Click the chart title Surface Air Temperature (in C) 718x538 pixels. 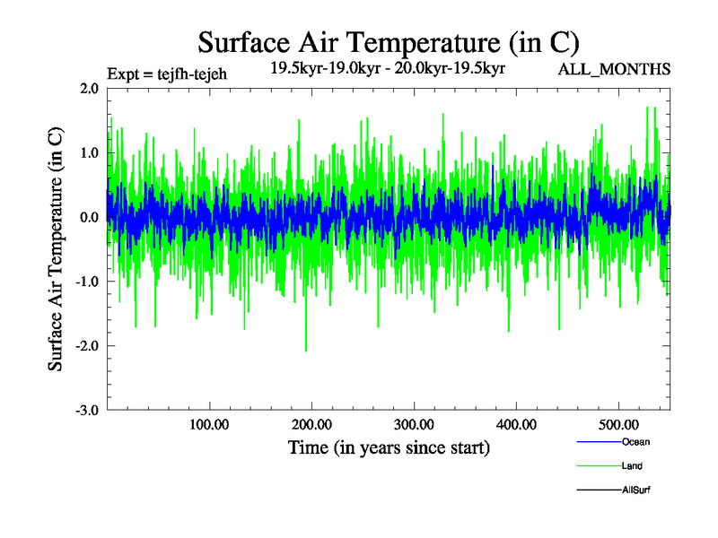[389, 43]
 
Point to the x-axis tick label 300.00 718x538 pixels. [414, 425]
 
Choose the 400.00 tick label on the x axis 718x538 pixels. [516, 425]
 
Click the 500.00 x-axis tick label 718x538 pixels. [618, 425]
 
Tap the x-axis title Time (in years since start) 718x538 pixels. [389, 447]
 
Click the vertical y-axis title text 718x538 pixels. [56, 249]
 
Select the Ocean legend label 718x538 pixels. [635, 442]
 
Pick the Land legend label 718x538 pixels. [632, 466]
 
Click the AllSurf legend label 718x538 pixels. [635, 490]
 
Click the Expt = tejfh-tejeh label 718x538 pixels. [166, 74]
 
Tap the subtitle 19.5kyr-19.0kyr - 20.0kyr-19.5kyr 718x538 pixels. [388, 67]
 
